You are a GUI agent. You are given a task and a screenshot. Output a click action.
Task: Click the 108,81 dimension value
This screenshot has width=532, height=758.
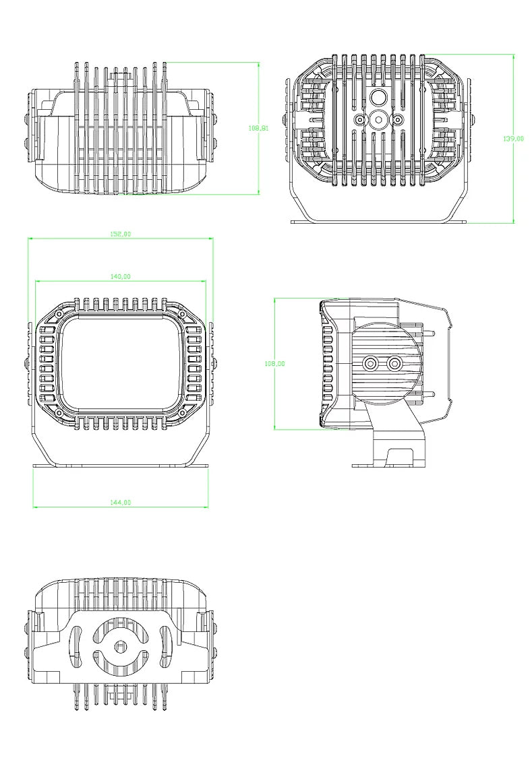(x=258, y=127)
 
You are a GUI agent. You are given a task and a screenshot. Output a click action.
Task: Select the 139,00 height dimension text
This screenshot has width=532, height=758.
(x=513, y=139)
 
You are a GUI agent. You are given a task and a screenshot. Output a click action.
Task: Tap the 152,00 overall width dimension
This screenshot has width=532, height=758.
(x=120, y=234)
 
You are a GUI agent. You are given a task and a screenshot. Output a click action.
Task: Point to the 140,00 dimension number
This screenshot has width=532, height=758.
(x=120, y=276)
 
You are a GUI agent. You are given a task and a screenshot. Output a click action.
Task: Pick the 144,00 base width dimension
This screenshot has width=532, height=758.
(x=120, y=502)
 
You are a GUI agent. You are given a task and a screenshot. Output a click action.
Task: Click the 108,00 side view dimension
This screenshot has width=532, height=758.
(x=275, y=363)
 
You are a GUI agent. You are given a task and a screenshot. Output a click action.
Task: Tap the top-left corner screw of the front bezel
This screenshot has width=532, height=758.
(x=59, y=314)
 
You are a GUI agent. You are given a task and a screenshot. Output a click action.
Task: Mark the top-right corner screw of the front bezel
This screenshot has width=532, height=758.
(x=181, y=314)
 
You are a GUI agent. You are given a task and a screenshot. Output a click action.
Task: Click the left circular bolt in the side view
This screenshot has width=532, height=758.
(x=370, y=364)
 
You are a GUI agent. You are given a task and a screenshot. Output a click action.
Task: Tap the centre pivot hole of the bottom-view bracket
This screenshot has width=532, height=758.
(x=121, y=647)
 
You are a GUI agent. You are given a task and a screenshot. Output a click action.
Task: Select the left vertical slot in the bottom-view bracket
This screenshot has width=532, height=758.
(x=76, y=647)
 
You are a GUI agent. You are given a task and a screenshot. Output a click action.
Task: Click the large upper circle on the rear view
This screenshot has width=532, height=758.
(x=378, y=98)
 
